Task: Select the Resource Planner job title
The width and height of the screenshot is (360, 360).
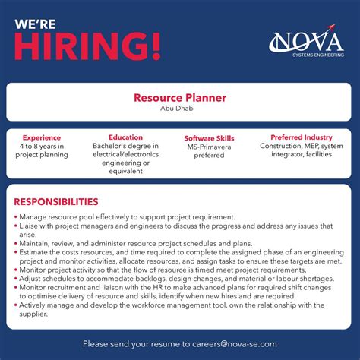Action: click(x=180, y=98)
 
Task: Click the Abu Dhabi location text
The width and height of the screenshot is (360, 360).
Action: click(x=180, y=109)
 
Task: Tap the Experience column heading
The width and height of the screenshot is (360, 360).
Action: click(x=42, y=137)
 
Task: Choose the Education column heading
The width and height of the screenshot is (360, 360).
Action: click(x=125, y=137)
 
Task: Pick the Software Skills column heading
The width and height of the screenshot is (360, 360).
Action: click(x=209, y=138)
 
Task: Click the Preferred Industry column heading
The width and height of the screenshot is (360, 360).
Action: click(x=296, y=137)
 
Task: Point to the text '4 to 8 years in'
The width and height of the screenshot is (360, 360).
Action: click(x=42, y=146)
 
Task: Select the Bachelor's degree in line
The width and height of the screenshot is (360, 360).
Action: click(x=125, y=146)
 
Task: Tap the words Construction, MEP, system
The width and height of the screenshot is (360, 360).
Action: click(x=296, y=146)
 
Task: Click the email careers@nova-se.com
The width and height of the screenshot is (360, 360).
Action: click(x=234, y=343)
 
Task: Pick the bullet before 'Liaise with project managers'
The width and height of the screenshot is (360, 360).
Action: click(x=15, y=226)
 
